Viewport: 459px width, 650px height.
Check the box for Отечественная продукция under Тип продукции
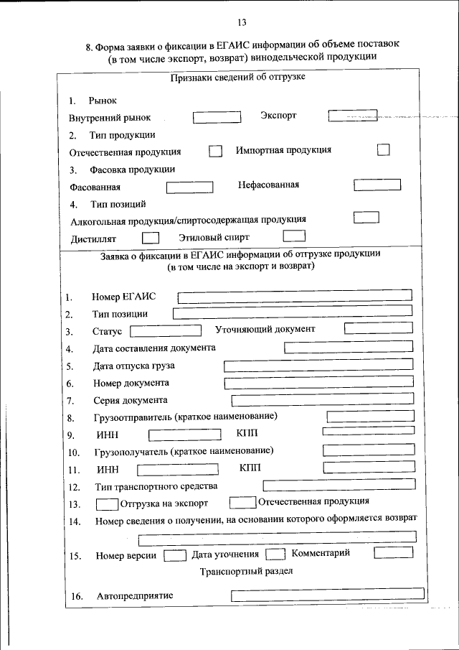215,152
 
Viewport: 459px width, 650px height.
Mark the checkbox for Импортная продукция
384,149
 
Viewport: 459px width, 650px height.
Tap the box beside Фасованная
189,187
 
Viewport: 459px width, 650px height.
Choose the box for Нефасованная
377,185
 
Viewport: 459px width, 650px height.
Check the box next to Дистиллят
151,236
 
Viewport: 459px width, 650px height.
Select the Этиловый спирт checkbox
294,236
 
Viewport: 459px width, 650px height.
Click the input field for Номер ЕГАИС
295,295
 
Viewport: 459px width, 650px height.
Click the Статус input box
166,330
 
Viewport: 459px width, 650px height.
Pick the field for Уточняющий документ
379,329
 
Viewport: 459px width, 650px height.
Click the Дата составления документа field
349,348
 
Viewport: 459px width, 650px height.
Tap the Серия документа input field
322,399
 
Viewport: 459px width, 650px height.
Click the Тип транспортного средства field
338,486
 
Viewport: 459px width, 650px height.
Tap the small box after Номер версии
175,554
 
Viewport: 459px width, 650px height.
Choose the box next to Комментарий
394,552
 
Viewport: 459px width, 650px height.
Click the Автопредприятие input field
322,595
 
